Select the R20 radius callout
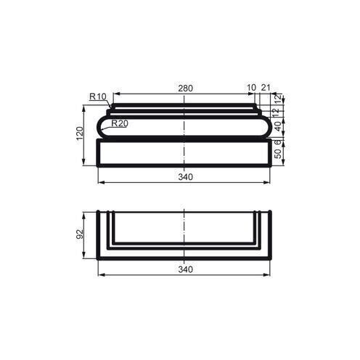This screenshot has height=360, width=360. point(120,124)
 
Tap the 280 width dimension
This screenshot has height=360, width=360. point(185,89)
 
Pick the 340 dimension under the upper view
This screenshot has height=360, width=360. point(185,176)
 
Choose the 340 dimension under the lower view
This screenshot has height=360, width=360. point(185,269)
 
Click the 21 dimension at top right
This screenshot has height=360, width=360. point(266,89)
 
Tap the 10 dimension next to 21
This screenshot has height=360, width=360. point(251,89)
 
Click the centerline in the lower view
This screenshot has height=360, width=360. point(185,232)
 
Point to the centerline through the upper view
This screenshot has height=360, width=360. point(185,145)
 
